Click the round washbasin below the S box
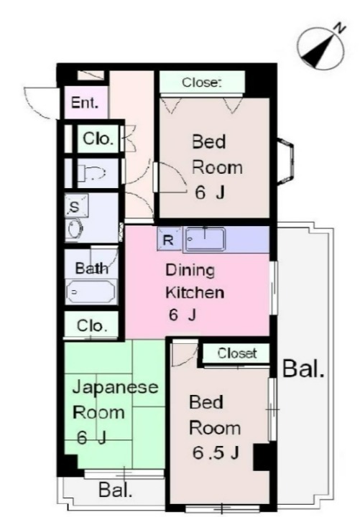tap(75, 229)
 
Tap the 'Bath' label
tap(92, 269)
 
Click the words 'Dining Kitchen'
tap(195, 282)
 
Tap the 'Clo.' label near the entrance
tap(98, 139)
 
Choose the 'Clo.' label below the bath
tap(92, 327)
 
